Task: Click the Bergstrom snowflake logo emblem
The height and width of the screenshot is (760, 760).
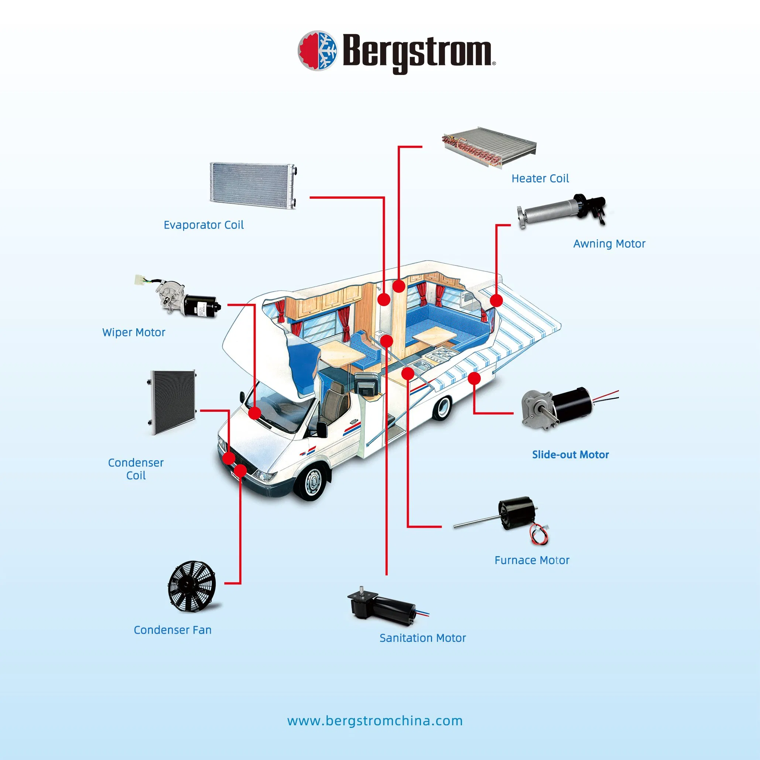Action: (x=318, y=51)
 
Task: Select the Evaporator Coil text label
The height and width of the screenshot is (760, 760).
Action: (x=203, y=225)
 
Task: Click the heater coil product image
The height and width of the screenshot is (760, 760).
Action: (x=489, y=147)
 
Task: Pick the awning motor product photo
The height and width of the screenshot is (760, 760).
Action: (x=562, y=210)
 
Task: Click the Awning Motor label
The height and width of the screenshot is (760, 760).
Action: (x=609, y=244)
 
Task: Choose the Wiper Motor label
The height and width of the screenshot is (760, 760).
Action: (x=134, y=332)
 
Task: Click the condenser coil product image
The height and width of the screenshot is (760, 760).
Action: (x=172, y=402)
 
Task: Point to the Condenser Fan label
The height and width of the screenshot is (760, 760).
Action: (x=173, y=630)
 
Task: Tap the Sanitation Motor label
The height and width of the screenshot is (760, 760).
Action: (x=422, y=638)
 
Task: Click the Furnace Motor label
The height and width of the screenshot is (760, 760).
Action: (x=531, y=560)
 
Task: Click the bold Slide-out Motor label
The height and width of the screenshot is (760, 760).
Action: (x=570, y=455)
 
